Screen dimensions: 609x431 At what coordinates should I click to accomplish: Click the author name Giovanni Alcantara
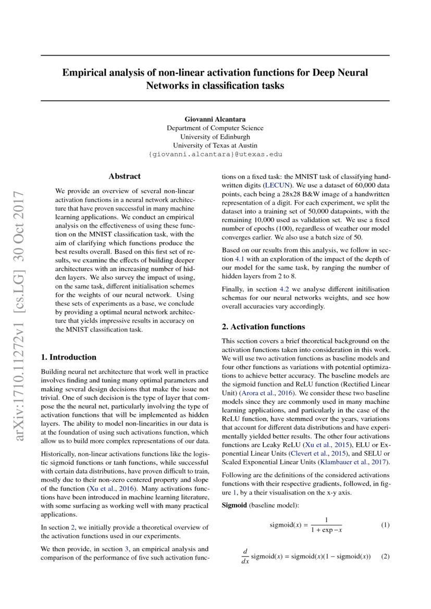[x=215, y=119]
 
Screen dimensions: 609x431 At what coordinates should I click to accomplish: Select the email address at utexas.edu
[x=215, y=154]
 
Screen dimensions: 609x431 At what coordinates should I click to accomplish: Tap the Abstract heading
[x=125, y=177]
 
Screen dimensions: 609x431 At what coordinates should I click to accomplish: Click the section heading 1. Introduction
[x=68, y=357]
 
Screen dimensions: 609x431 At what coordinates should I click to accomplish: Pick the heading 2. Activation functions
[x=263, y=327]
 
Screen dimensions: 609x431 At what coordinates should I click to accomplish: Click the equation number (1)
[x=385, y=525]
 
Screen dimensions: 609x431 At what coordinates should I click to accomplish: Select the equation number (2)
[x=385, y=556]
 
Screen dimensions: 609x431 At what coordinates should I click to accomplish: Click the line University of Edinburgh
[x=215, y=136]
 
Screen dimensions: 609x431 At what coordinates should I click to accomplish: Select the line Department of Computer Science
[x=215, y=128]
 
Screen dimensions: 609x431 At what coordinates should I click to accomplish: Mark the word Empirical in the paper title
[x=84, y=72]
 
